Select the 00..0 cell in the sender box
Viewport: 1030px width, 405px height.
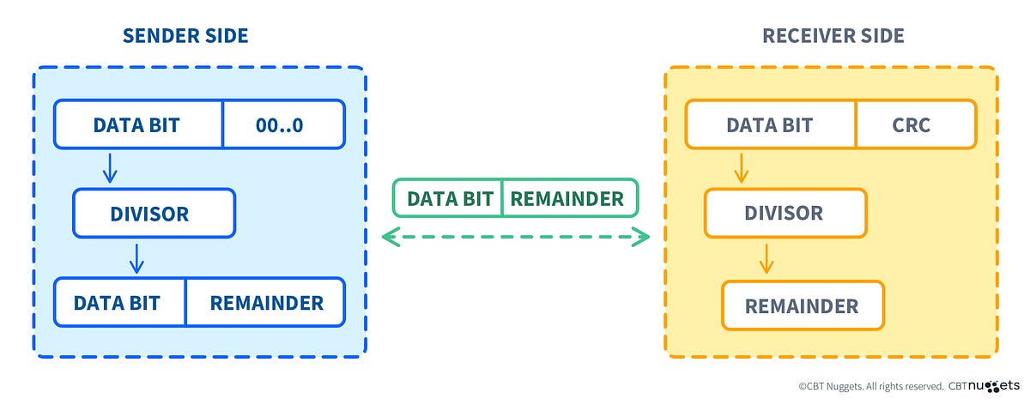pos(283,124)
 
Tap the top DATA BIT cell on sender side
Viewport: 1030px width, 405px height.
pos(137,124)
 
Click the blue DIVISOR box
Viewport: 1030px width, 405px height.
pos(154,213)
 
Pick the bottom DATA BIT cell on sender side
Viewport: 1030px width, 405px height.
pos(119,302)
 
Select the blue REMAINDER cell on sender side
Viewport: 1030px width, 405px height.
pos(265,302)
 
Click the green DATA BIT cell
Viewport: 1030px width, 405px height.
pos(447,198)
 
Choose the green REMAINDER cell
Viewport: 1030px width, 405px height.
pos(568,198)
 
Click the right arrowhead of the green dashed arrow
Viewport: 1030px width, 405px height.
pos(643,237)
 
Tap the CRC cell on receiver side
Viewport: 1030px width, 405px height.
pos(915,124)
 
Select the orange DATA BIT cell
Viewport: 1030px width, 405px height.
pos(769,124)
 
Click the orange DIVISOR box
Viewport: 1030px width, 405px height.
pos(785,213)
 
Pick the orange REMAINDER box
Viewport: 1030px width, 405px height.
pos(802,305)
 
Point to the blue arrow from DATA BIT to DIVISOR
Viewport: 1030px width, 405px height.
pos(109,168)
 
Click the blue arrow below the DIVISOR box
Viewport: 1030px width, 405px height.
pos(135,258)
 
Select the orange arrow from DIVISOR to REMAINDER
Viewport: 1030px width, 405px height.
pos(766,258)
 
